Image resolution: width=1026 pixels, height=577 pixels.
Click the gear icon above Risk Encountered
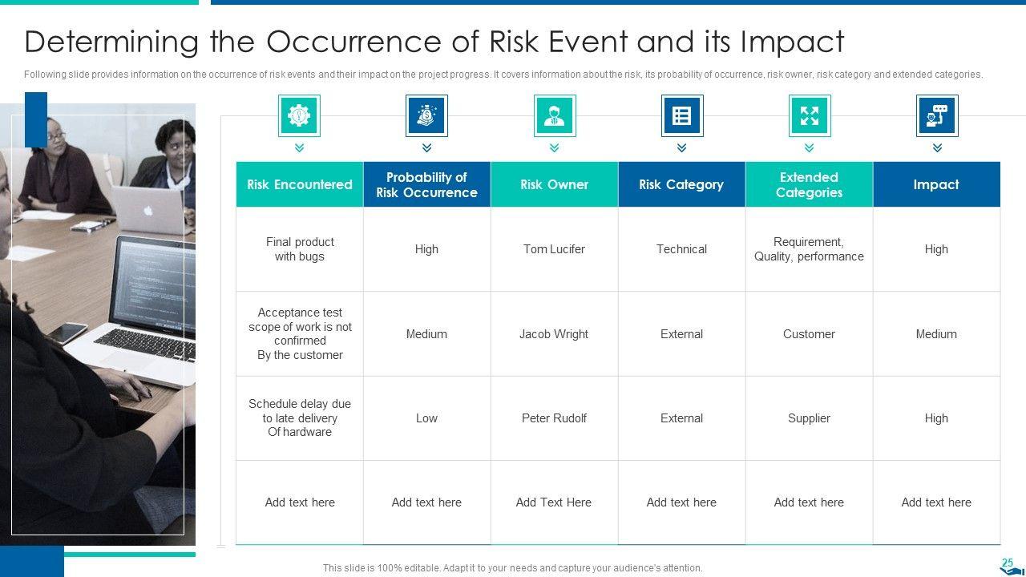coord(299,115)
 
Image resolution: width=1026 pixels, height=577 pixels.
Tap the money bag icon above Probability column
coord(426,115)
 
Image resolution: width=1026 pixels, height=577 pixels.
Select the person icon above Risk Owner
coord(554,115)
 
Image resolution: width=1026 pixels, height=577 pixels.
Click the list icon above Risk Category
coord(681,115)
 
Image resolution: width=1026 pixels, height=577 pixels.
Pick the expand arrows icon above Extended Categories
coord(810,115)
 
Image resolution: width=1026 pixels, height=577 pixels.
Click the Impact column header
coord(936,184)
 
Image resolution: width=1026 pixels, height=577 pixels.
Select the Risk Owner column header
coord(554,184)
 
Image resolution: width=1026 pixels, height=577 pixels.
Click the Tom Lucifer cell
coord(554,249)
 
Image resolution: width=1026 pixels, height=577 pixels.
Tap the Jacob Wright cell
coord(554,334)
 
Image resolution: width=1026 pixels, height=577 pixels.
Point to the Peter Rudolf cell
coord(554,418)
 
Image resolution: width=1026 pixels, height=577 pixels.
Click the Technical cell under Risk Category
coord(681,249)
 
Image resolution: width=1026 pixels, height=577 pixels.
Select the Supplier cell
coord(809,418)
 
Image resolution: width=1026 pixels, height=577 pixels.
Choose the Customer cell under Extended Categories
coord(809,334)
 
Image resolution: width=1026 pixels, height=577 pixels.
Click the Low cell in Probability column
coord(426,418)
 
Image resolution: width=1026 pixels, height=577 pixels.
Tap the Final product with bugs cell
coord(300,249)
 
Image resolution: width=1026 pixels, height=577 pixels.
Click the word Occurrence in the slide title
coord(355,42)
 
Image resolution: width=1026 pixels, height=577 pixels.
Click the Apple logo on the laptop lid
coord(148,211)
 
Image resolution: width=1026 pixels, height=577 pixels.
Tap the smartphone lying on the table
coord(67,333)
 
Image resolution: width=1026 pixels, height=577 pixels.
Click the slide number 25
coord(1008,563)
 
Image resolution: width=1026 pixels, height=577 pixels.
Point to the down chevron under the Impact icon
coord(937,147)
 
